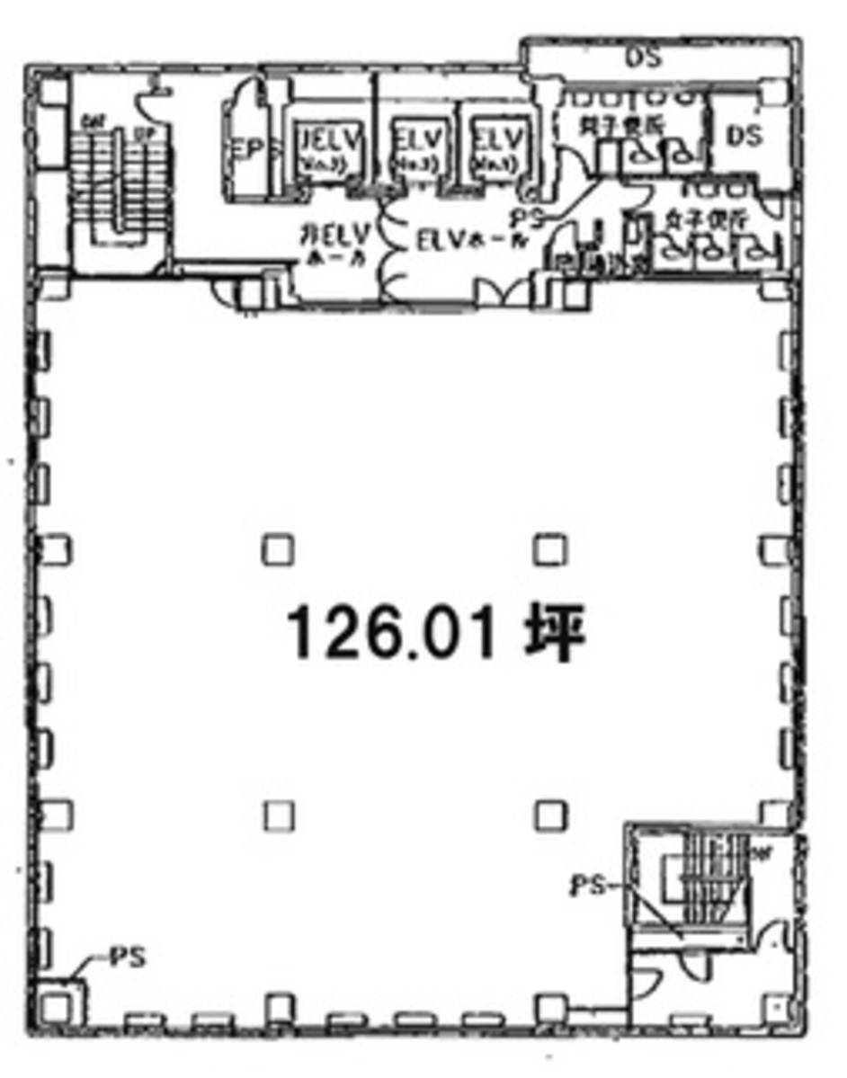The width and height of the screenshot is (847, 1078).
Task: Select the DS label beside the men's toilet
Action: coord(744,136)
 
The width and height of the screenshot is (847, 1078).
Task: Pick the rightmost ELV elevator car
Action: coord(498,149)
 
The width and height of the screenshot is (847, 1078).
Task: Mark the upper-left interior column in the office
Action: coord(278,549)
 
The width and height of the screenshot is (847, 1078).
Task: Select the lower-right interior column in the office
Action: coord(549,815)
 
